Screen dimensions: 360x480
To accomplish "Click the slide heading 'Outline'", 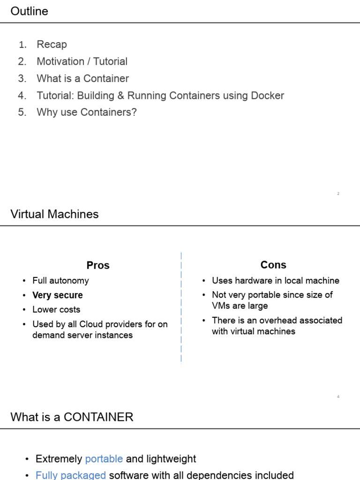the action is click(x=29, y=11).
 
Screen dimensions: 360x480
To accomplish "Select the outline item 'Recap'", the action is click(x=52, y=45).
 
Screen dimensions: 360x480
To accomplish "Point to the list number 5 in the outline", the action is click(x=22, y=112).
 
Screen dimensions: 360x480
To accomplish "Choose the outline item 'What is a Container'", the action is click(x=82, y=78).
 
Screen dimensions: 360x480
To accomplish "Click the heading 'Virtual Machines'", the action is click(x=54, y=214).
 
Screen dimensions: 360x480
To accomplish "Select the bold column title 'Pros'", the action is click(x=98, y=265).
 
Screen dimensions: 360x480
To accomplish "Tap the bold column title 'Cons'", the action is click(x=273, y=265).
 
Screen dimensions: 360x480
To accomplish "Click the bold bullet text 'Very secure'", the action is click(x=57, y=295).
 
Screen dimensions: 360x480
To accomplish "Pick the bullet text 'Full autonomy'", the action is click(x=60, y=281).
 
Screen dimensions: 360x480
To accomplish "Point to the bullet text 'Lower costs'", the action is click(x=56, y=310).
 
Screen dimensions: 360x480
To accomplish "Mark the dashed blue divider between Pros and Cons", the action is click(x=181, y=307).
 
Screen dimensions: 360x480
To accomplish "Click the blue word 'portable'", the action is click(x=104, y=459).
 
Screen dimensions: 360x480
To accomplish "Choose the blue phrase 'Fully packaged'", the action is click(x=71, y=475).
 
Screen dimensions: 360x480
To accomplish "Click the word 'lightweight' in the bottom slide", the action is click(x=171, y=459).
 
